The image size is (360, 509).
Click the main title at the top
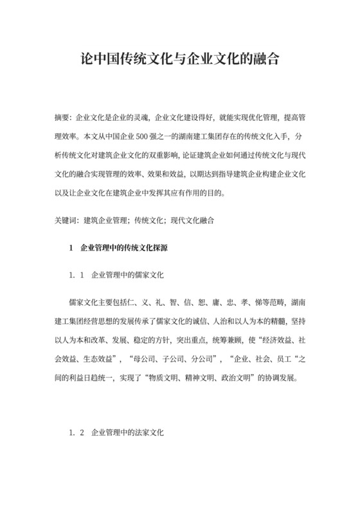pos(179,62)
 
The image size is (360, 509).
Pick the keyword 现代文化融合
pos(192,220)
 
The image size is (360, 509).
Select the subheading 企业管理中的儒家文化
pos(129,274)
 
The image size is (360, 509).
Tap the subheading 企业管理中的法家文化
pos(129,433)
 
